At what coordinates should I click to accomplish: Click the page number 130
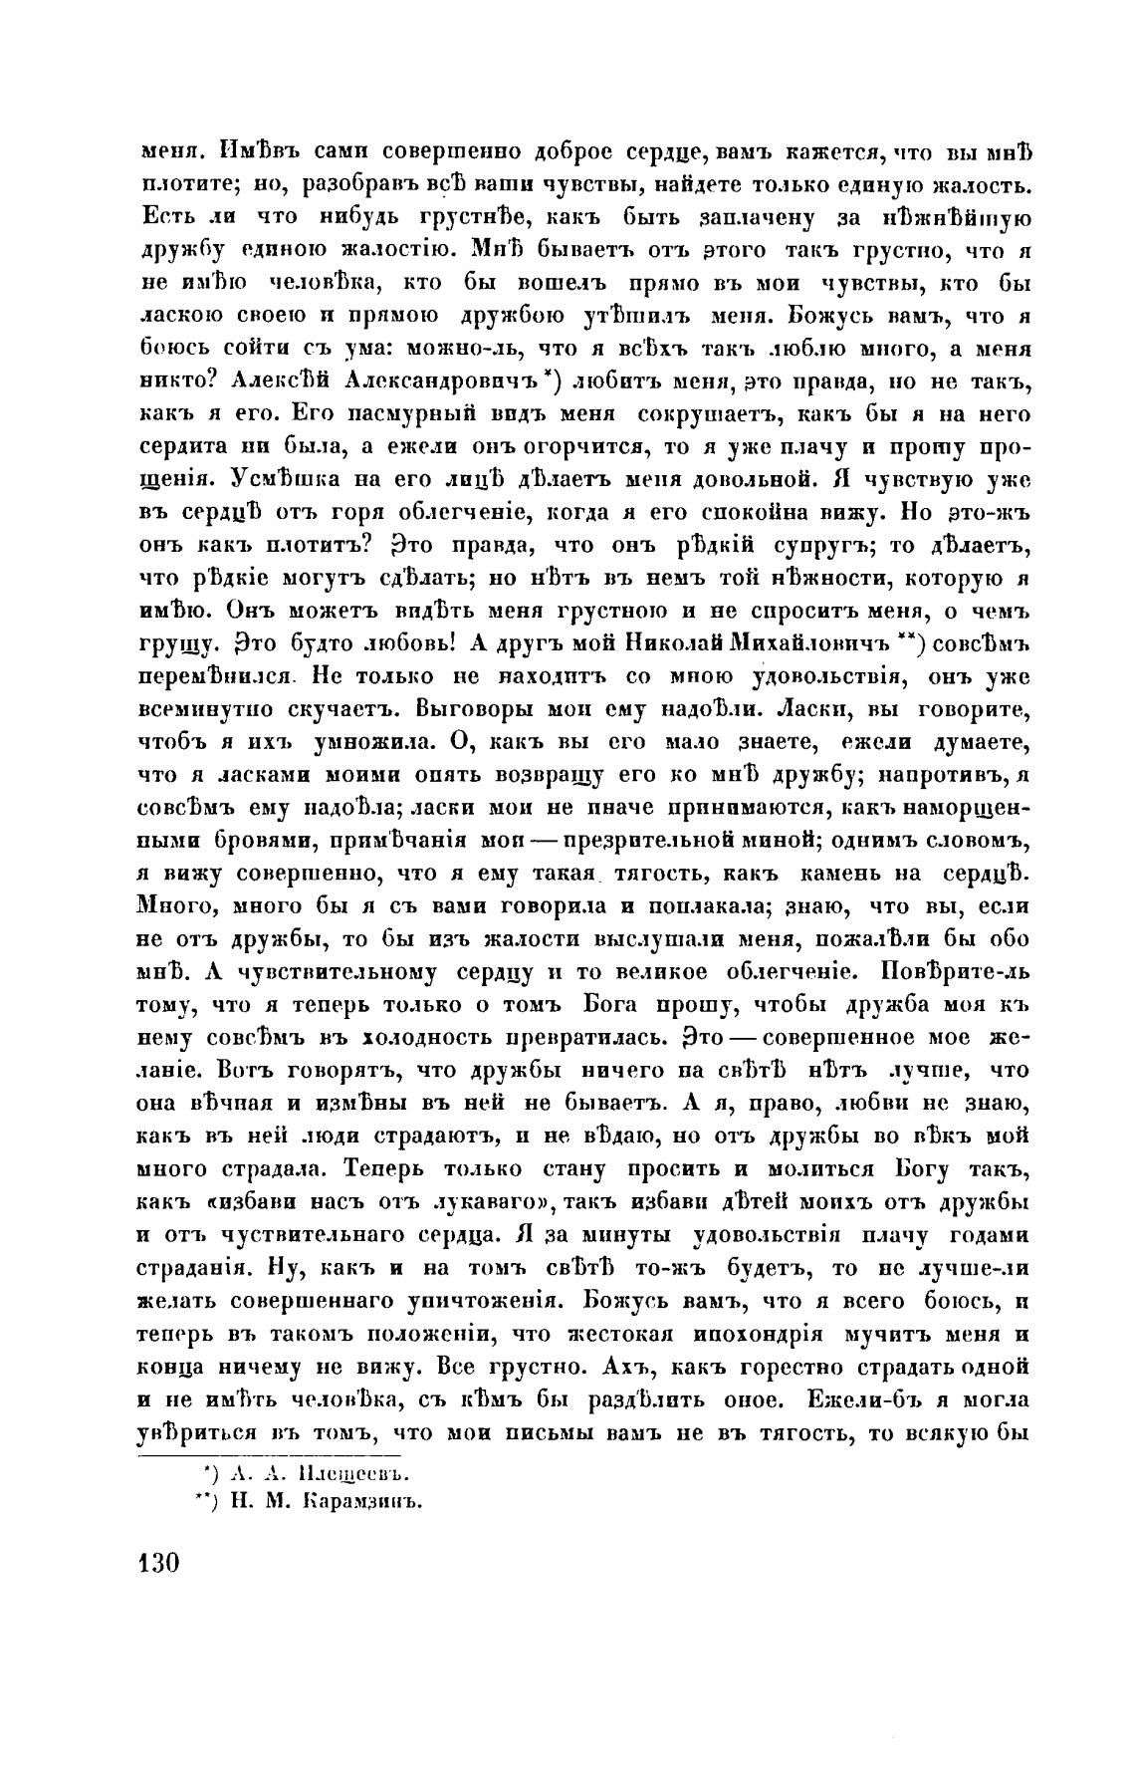pyautogui.click(x=156, y=1561)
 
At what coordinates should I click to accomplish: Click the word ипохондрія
pyautogui.click(x=758, y=1333)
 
